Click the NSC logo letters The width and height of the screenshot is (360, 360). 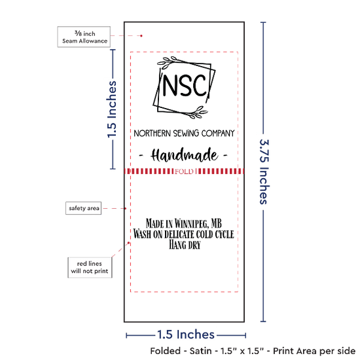pos(185,85)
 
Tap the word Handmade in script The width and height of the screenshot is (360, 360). pos(184,155)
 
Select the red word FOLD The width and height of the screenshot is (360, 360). pos(184,171)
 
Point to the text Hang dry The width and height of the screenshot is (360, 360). pos(185,245)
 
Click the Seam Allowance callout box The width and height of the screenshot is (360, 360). pos(84,37)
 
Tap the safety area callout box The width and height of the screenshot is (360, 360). pos(84,208)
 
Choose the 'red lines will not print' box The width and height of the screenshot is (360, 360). pos(90,268)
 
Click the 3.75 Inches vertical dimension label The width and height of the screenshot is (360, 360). pos(264,171)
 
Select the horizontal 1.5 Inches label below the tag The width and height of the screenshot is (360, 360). pos(186,334)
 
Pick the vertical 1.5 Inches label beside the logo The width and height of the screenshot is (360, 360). pos(112,109)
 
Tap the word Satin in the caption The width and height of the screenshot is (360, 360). pos(200,351)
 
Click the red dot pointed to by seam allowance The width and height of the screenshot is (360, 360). pos(141,36)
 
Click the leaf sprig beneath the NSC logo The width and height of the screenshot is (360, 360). pos(198,112)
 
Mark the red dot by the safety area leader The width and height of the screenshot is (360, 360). pos(126,208)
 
